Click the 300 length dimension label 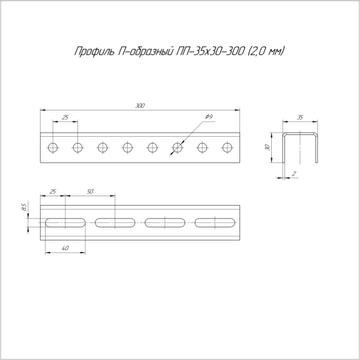click(x=140, y=106)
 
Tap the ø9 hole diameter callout click(x=209, y=116)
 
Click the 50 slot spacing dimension click(x=90, y=191)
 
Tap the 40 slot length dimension click(x=65, y=248)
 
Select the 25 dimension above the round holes click(x=65, y=116)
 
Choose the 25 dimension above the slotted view click(x=53, y=191)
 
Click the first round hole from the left click(x=53, y=147)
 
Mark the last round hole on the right click(x=227, y=147)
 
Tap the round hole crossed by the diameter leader click(x=177, y=147)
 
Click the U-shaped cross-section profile click(x=301, y=147)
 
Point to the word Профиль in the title click(x=93, y=52)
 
